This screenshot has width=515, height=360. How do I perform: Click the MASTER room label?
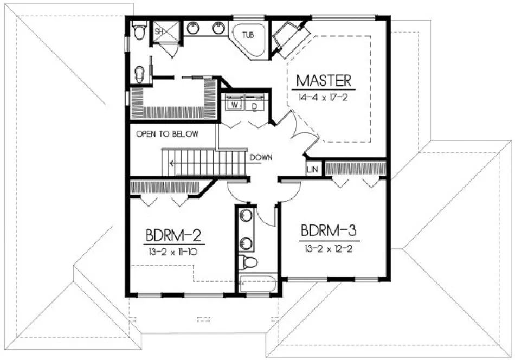[324, 81]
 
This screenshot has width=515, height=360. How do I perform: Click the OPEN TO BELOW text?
[167, 134]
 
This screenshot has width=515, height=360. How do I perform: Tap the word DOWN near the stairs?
[261, 158]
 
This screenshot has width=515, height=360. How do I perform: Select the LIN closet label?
[312, 170]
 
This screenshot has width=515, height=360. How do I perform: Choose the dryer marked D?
[255, 106]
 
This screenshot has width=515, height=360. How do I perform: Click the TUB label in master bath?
[248, 35]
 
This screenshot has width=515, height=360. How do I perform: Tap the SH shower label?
[159, 32]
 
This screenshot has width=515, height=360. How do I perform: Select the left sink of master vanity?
[193, 28]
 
